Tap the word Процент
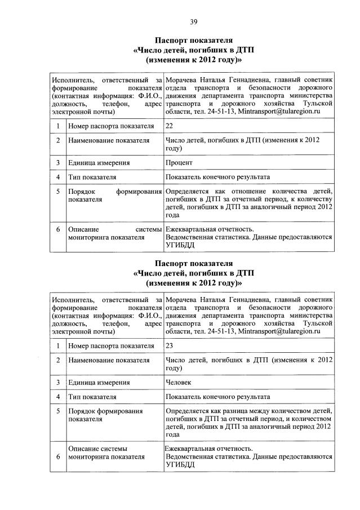point(179,163)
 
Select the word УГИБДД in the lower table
point(180,465)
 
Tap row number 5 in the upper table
point(59,192)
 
